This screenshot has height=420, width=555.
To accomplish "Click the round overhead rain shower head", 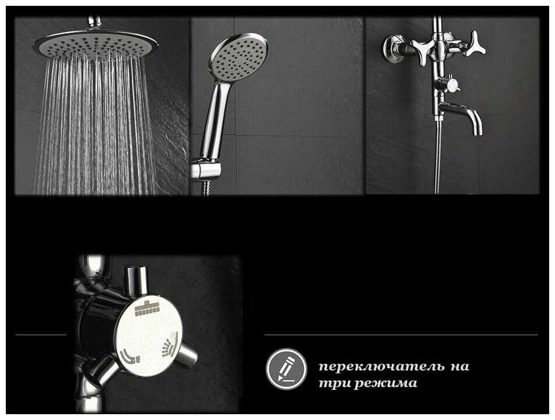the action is (95, 44).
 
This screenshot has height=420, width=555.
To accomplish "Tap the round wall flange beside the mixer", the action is (393, 48).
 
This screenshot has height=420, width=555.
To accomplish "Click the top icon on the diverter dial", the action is (147, 308).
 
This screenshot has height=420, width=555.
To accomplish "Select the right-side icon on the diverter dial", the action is (170, 344).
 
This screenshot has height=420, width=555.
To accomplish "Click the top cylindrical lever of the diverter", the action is (135, 280).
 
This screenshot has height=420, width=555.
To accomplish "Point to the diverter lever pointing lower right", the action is (185, 354).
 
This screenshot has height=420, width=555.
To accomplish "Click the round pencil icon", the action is (287, 369).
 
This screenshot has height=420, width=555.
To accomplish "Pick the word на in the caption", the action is (460, 366).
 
